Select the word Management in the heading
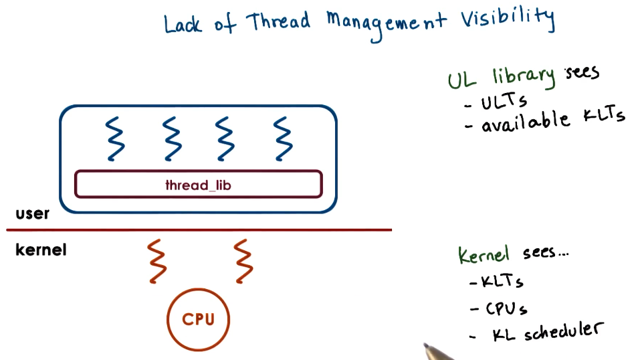point(387,24)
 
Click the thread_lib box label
point(198,185)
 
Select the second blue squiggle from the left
point(173,139)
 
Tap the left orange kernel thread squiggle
point(156,261)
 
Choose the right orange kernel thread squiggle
point(243,261)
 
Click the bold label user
point(32,214)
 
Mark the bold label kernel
point(40,250)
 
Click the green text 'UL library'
point(502,78)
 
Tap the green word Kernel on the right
point(484,254)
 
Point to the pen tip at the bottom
point(427,347)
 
